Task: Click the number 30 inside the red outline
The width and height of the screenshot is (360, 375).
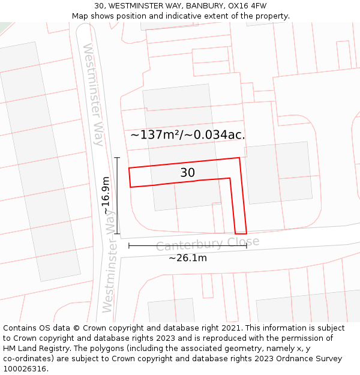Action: tap(188, 173)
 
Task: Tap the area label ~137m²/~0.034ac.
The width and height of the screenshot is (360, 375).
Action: tap(188, 134)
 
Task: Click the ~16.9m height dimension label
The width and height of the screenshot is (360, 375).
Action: tap(106, 196)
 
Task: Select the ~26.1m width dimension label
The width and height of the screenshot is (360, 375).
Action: tap(187, 258)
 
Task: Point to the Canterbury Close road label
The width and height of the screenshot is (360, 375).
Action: tap(208, 244)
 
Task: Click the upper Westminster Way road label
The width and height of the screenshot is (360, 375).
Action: tap(94, 95)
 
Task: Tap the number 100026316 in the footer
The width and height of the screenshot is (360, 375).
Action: tap(24, 369)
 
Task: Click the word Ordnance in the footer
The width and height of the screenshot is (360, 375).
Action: tap(279, 359)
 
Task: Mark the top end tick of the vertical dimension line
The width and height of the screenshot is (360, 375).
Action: tap(117, 158)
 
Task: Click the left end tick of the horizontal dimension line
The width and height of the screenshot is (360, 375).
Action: tap(129, 245)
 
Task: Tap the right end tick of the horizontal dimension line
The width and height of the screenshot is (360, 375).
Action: tap(246, 245)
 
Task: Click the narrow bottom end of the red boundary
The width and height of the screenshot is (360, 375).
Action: tap(241, 233)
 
